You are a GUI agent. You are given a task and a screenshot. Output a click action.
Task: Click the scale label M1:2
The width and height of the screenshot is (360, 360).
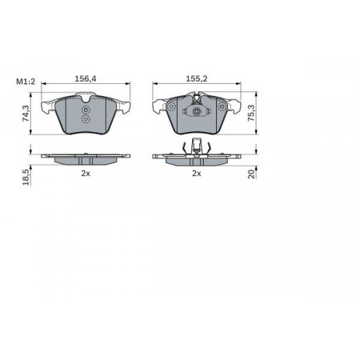pos(26,82)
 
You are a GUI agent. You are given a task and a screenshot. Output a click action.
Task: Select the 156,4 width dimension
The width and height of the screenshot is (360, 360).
pos(86,78)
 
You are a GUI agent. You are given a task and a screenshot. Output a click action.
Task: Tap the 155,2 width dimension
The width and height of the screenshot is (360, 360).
pos(197,78)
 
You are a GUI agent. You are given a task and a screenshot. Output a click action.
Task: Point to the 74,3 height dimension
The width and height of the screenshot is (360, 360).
pos(26,114)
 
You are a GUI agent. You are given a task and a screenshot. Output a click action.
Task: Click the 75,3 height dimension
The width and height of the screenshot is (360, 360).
pos(251,114)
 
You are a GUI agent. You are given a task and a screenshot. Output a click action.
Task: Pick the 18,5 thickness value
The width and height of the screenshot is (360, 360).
pos(26,177)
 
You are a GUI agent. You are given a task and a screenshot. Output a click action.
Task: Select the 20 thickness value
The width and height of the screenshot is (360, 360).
pos(251,174)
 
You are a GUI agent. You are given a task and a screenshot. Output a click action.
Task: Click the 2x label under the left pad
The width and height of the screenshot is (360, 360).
pos(86,174)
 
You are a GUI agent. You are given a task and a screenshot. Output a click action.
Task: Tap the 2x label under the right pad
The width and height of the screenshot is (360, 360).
pos(197,174)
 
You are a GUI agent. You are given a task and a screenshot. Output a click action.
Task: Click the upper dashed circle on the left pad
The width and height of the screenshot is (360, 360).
pos(86,110)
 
